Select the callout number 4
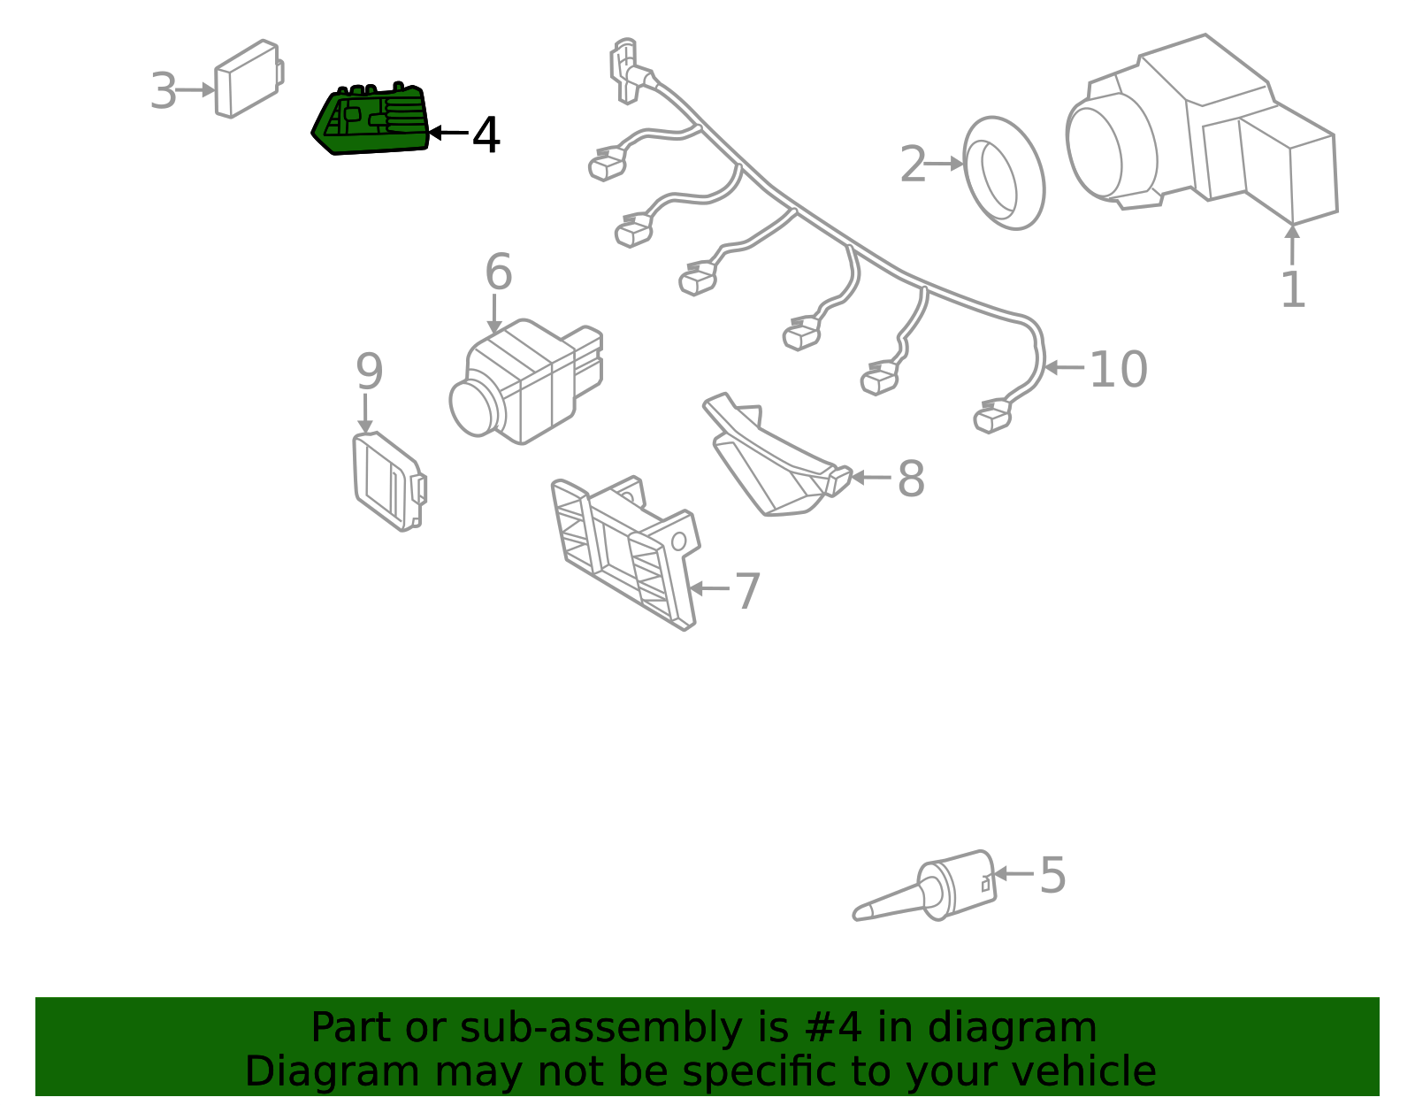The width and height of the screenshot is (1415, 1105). pyautogui.click(x=486, y=134)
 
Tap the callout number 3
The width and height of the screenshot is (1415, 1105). pyautogui.click(x=163, y=90)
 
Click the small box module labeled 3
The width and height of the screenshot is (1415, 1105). pyautogui.click(x=249, y=79)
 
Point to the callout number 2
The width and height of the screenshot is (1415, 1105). pyautogui.click(x=913, y=164)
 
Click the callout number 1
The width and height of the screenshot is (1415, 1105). pyautogui.click(x=1293, y=290)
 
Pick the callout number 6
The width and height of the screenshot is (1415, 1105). pyautogui.click(x=499, y=272)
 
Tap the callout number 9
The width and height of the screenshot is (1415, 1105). pyautogui.click(x=369, y=372)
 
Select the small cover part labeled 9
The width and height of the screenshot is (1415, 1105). pyautogui.click(x=389, y=481)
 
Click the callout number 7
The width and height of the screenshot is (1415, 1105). pyautogui.click(x=747, y=591)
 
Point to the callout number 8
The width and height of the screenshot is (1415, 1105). pyautogui.click(x=911, y=479)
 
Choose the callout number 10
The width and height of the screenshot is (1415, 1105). pyautogui.click(x=1118, y=369)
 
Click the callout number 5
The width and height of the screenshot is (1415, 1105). pyautogui.click(x=1053, y=875)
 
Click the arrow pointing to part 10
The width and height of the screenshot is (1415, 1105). pyautogui.click(x=1064, y=367)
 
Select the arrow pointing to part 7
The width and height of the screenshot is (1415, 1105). pyautogui.click(x=709, y=588)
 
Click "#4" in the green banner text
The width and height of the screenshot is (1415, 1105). pyautogui.click(x=833, y=1028)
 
